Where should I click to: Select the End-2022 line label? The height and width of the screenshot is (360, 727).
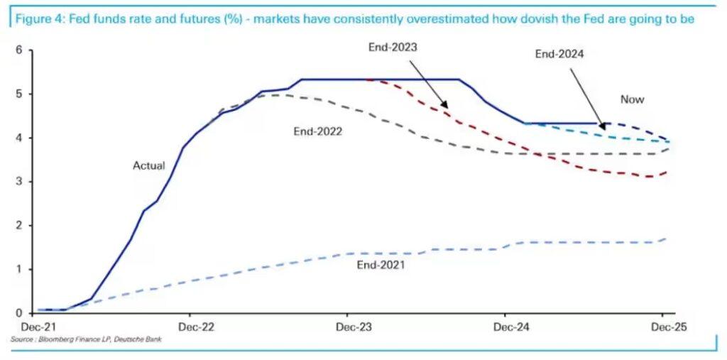click(318, 131)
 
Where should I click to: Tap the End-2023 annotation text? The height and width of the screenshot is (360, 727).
click(393, 48)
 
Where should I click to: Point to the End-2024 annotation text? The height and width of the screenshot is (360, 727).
click(560, 53)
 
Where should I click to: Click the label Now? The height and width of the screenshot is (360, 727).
click(632, 99)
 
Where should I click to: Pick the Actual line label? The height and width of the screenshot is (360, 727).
click(149, 165)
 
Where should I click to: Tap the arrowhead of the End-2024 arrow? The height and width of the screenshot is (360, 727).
click(603, 125)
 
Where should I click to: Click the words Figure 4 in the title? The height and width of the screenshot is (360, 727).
click(36, 19)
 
